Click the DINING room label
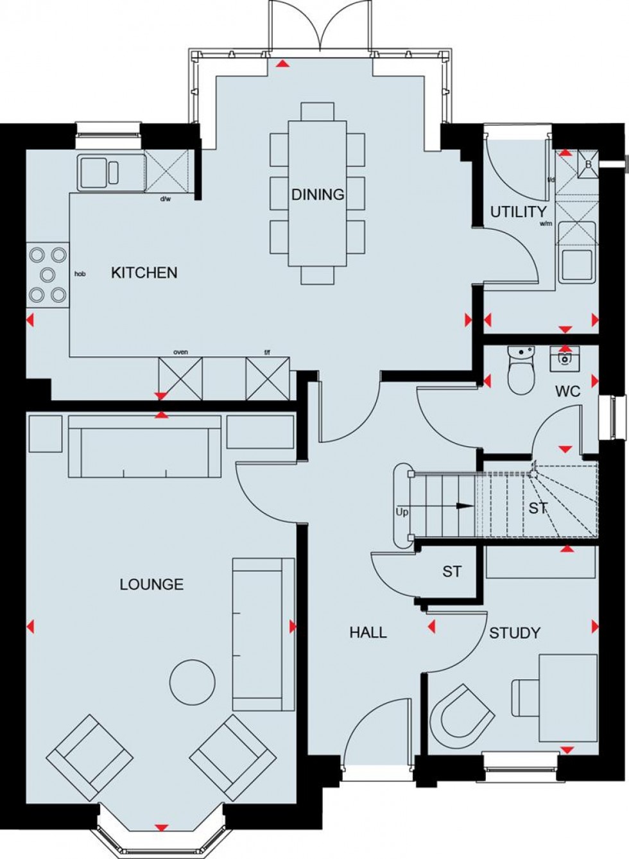(318, 195)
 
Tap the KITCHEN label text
(144, 273)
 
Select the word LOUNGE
(151, 584)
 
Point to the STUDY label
(514, 634)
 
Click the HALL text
(368, 633)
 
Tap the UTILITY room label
(518, 212)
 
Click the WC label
(568, 391)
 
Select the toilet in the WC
(521, 372)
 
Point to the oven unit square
(180, 377)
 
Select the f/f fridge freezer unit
(268, 377)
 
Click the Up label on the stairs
(402, 513)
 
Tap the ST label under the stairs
(538, 508)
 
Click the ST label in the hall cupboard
(452, 571)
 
